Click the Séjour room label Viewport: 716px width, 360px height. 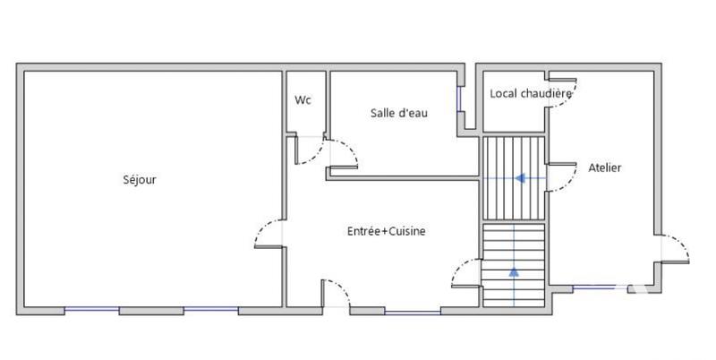(x=140, y=180)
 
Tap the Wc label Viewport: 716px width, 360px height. (x=303, y=100)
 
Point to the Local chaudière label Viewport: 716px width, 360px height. (x=531, y=94)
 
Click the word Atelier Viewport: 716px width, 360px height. (x=605, y=167)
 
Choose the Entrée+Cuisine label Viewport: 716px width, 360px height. (x=386, y=231)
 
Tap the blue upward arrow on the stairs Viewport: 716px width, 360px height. (x=514, y=270)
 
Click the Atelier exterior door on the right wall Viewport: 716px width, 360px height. (x=676, y=248)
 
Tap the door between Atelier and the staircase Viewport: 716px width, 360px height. (x=561, y=178)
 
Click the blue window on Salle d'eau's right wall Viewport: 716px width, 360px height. (x=460, y=98)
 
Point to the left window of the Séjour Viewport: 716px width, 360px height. (x=92, y=311)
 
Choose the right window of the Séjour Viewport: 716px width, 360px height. (x=211, y=311)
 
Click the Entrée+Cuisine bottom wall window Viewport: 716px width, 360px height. (x=412, y=312)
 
